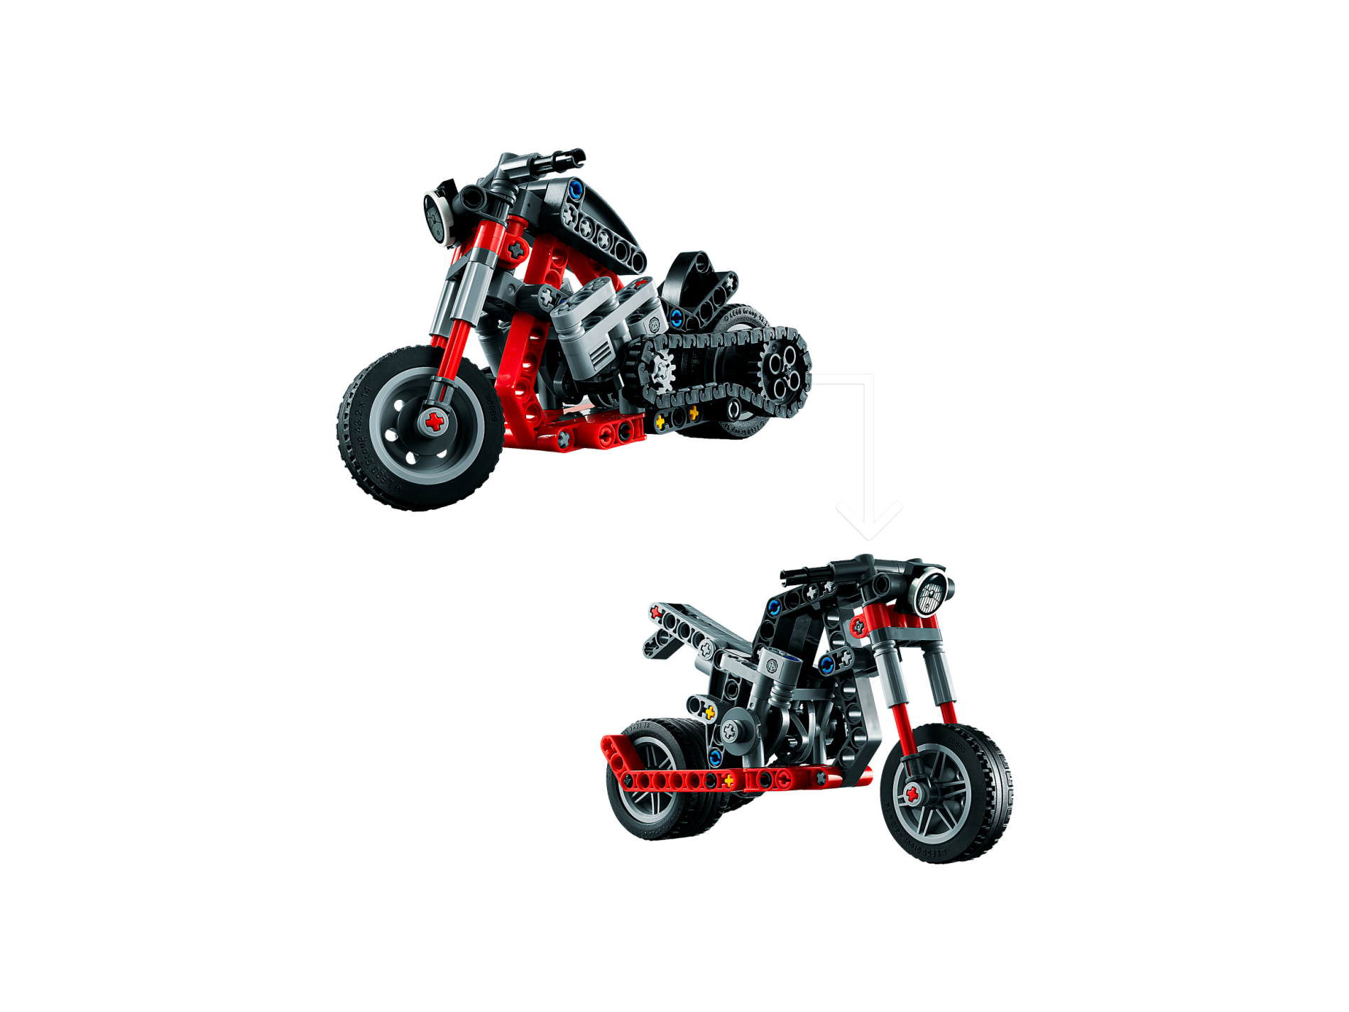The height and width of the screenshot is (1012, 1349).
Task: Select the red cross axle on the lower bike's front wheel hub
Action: (x=912, y=793)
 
